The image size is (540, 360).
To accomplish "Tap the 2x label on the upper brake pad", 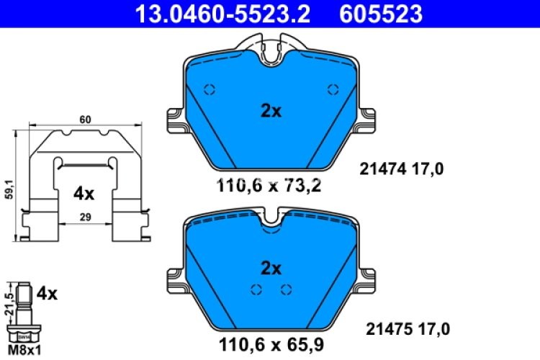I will (x=271, y=110).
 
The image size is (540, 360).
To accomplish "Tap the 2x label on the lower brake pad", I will (x=271, y=268).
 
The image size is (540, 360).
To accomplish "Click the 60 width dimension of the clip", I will (x=85, y=120).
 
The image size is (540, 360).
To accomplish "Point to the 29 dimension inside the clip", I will (x=85, y=217).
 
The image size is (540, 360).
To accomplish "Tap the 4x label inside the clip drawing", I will (x=84, y=194).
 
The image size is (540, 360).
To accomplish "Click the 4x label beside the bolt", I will (x=46, y=293).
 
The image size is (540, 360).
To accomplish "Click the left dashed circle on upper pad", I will (x=210, y=90).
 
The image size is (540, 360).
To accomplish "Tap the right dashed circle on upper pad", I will (x=332, y=90).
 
